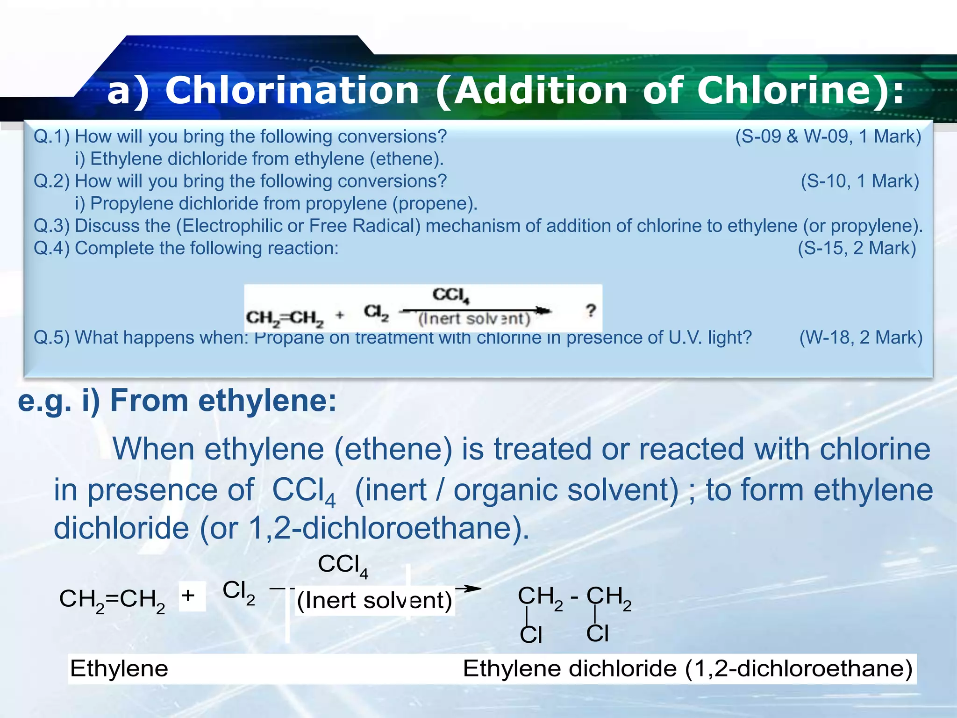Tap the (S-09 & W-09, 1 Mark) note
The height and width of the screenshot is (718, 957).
pos(828,136)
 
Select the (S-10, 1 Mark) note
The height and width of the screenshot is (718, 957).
pos(860,181)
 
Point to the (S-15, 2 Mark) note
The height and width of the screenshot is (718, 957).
pos(857,248)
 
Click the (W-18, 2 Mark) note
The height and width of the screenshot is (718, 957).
pos(861,337)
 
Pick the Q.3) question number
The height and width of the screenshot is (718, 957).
pos(51,226)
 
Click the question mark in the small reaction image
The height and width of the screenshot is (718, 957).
pos(591,310)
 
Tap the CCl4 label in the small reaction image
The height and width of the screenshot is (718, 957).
pos(450,295)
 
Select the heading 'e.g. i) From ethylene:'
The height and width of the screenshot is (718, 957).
pos(177,401)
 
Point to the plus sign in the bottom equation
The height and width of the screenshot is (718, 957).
pos(188,596)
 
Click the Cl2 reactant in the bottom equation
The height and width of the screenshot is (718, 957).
pos(239,591)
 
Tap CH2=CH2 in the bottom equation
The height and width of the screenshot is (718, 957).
pos(112,599)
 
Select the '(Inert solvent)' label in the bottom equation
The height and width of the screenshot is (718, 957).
pos(375,600)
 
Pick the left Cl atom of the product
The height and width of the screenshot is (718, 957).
pos(531,635)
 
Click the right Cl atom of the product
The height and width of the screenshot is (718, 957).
pos(598,633)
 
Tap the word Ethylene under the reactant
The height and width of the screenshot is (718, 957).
pos(119,668)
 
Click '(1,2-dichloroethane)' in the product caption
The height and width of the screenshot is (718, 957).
pos(799,668)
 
